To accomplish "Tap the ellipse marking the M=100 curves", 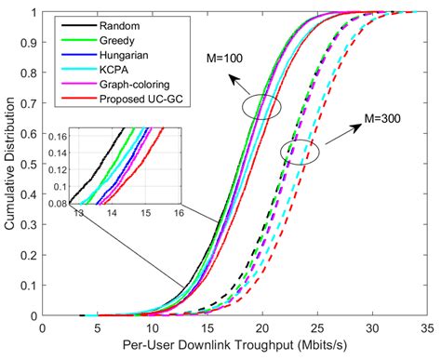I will point(261,108).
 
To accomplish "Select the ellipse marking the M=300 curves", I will point(300,151).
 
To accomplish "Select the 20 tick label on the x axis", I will point(261,327).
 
